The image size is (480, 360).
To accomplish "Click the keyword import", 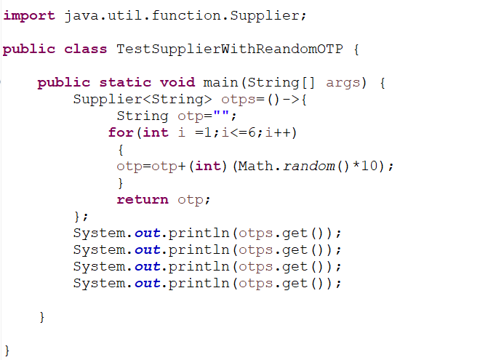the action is pos(29,16).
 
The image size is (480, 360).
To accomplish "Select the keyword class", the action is pos(86,49).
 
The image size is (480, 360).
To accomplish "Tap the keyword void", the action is pos(177,83).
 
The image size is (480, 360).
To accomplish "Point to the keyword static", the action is pos(125,83).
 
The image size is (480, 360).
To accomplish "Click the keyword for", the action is pos(121,132).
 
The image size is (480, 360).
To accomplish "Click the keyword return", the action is pos(143,199).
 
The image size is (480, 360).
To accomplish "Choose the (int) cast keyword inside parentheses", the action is pos(208,166).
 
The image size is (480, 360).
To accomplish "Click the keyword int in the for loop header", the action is pos(156,132).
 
